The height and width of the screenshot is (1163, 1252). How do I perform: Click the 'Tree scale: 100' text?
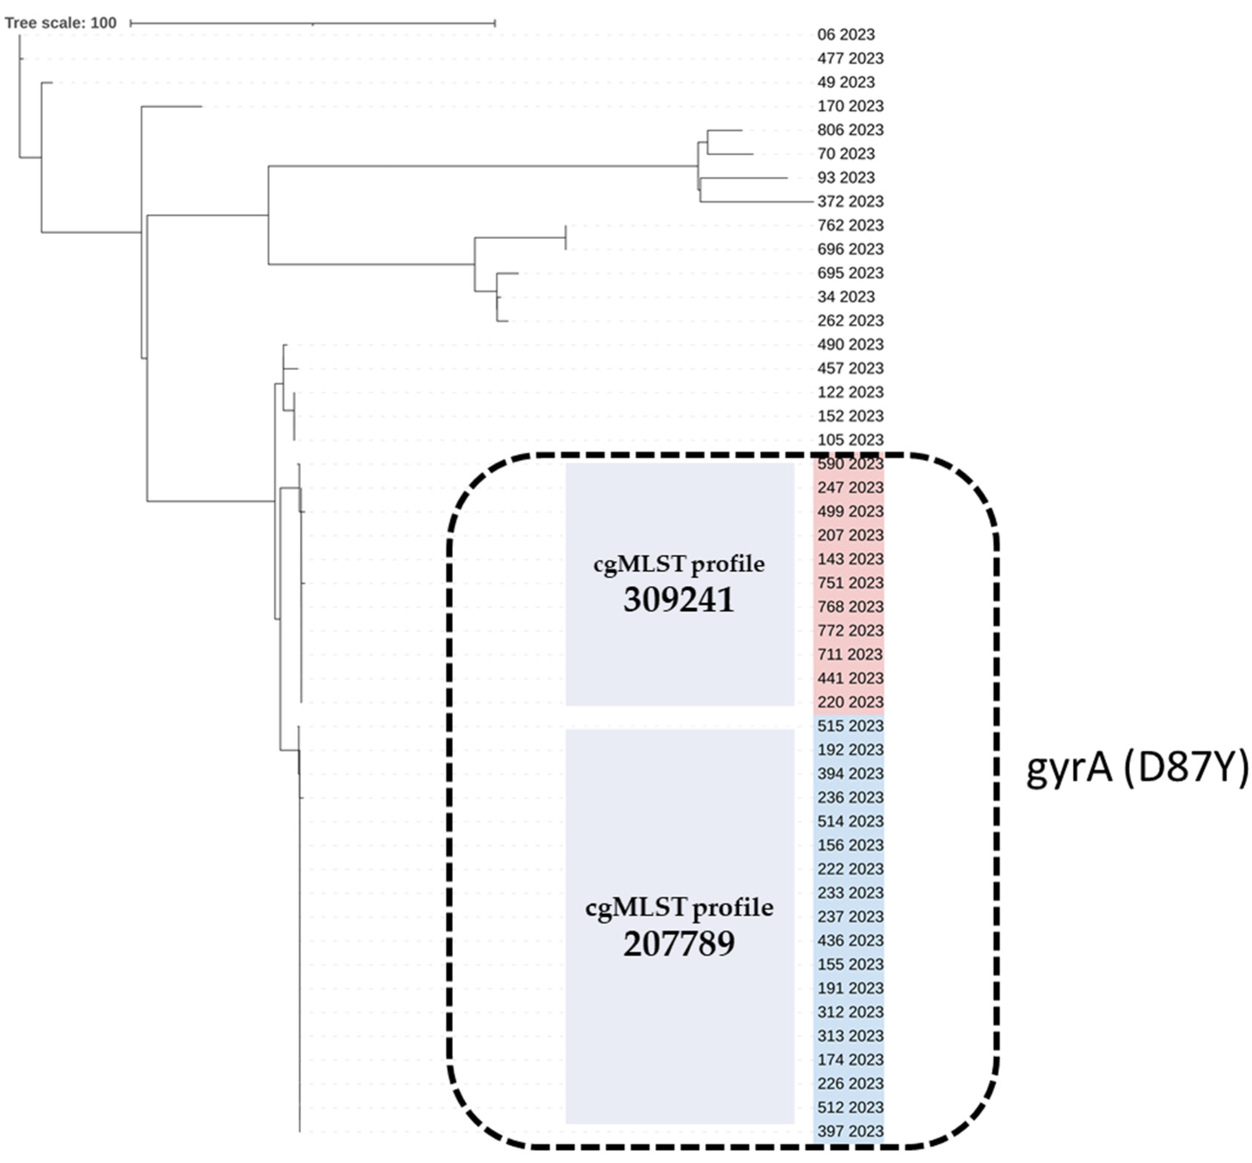click(60, 23)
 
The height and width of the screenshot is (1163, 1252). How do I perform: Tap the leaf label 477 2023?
click(850, 59)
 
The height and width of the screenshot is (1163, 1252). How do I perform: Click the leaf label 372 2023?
click(850, 201)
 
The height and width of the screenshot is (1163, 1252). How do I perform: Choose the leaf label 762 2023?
click(850, 225)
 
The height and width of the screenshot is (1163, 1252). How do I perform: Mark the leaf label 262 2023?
click(850, 320)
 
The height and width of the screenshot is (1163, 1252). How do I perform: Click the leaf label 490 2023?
click(850, 344)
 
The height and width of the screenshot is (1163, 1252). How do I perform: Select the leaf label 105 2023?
click(850, 440)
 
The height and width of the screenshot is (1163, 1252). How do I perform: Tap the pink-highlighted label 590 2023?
click(850, 464)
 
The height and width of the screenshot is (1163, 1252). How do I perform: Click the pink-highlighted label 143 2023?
click(850, 559)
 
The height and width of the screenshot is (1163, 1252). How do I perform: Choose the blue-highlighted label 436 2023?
click(850, 940)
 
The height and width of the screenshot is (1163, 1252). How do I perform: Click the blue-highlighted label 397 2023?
click(850, 1131)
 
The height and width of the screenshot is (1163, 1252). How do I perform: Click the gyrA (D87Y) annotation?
click(1137, 769)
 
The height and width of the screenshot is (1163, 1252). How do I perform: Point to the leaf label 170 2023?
click(850, 106)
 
